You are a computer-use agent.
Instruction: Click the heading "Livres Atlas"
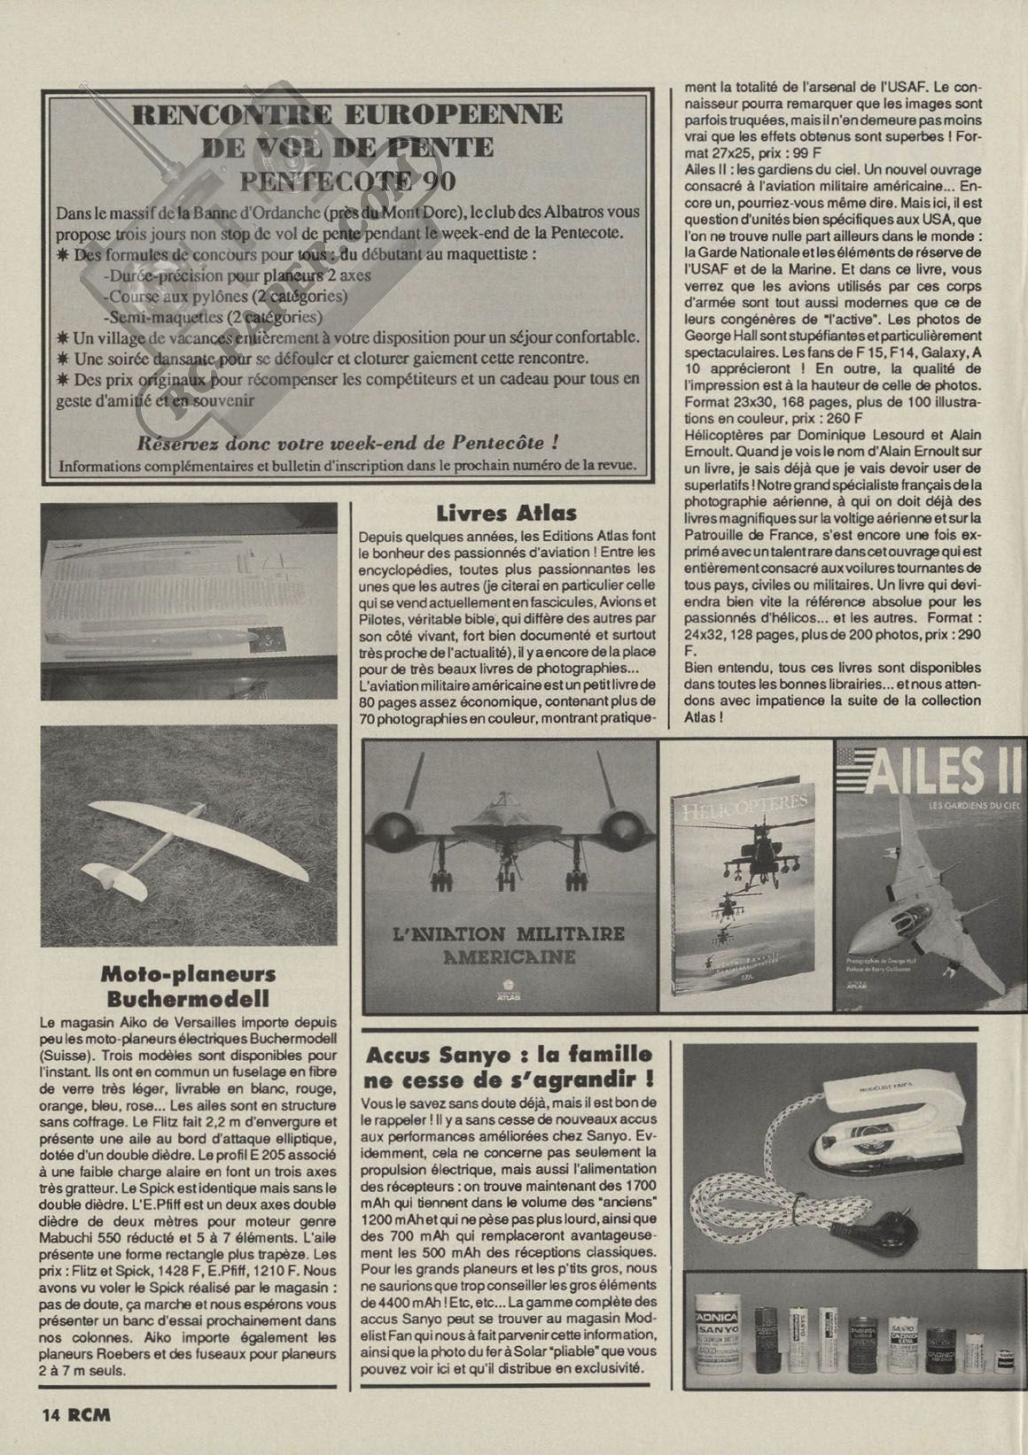click(x=506, y=512)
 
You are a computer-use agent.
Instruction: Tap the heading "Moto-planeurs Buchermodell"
click(x=189, y=987)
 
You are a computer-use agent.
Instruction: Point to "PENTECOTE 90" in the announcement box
click(x=347, y=181)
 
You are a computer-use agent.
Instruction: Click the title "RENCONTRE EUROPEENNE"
click(x=347, y=114)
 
